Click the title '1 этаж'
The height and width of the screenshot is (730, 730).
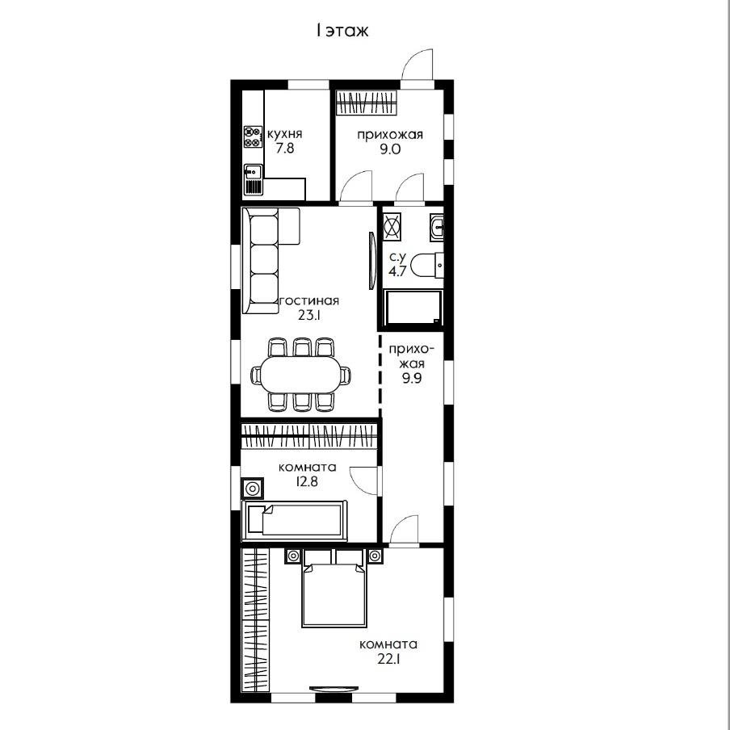tap(342, 31)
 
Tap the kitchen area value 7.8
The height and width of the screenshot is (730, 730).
tap(284, 149)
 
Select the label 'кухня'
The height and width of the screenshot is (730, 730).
tap(284, 134)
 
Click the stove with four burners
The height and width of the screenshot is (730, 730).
tap(253, 137)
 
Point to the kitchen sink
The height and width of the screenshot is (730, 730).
tap(254, 172)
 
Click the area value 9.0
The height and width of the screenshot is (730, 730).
tap(390, 149)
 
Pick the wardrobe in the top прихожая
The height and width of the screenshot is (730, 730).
tap(367, 102)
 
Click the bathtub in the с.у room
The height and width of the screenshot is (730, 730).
tap(413, 308)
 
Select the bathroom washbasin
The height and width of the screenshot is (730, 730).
tap(437, 228)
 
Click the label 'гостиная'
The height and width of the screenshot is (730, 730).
tap(308, 300)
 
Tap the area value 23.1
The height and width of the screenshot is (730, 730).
tap(309, 315)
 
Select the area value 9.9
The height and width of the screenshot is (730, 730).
tap(412, 378)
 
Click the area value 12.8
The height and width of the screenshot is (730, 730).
tap(308, 481)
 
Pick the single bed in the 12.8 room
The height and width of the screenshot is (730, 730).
tap(294, 521)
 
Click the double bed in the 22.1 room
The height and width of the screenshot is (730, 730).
tap(334, 588)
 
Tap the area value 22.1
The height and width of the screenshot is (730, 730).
tap(388, 659)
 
